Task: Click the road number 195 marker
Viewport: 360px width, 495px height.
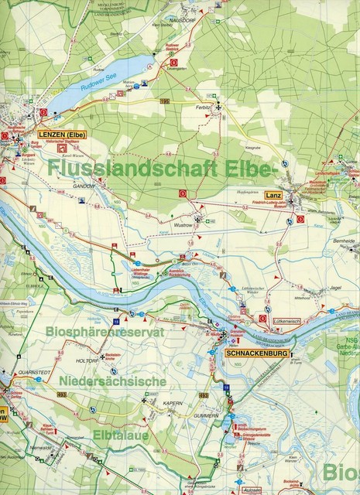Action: click(x=163, y=101)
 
